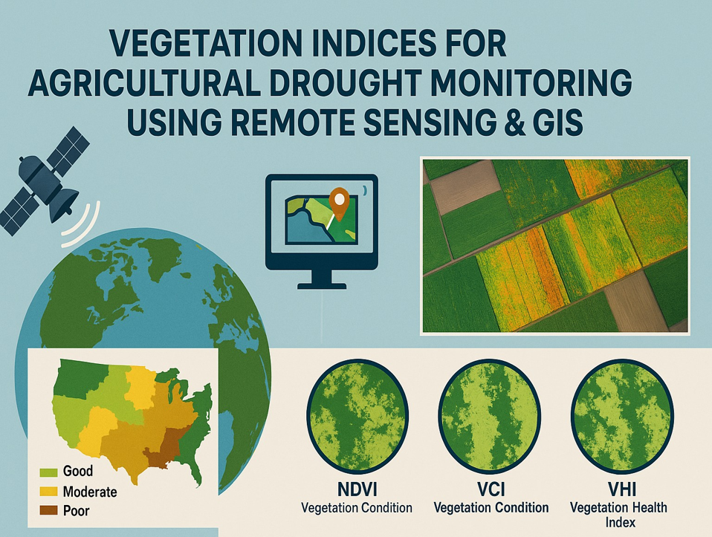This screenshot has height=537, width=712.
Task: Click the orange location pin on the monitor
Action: click(x=339, y=203)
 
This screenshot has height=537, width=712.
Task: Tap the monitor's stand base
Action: click(x=322, y=285)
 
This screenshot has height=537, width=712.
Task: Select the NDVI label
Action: click(x=357, y=489)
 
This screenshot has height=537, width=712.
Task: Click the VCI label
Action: click(x=491, y=489)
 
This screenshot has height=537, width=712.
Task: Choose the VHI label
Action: click(x=621, y=489)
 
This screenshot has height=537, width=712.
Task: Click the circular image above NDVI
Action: click(x=357, y=416)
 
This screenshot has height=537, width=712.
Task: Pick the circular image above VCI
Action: click(x=490, y=416)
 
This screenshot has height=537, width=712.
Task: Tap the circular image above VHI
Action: click(x=622, y=416)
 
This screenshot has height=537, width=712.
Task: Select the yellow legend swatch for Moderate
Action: click(x=48, y=492)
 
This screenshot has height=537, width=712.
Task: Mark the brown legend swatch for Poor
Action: click(x=48, y=511)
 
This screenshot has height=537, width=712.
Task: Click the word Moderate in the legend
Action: click(x=90, y=492)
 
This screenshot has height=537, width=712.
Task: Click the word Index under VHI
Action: click(x=621, y=522)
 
